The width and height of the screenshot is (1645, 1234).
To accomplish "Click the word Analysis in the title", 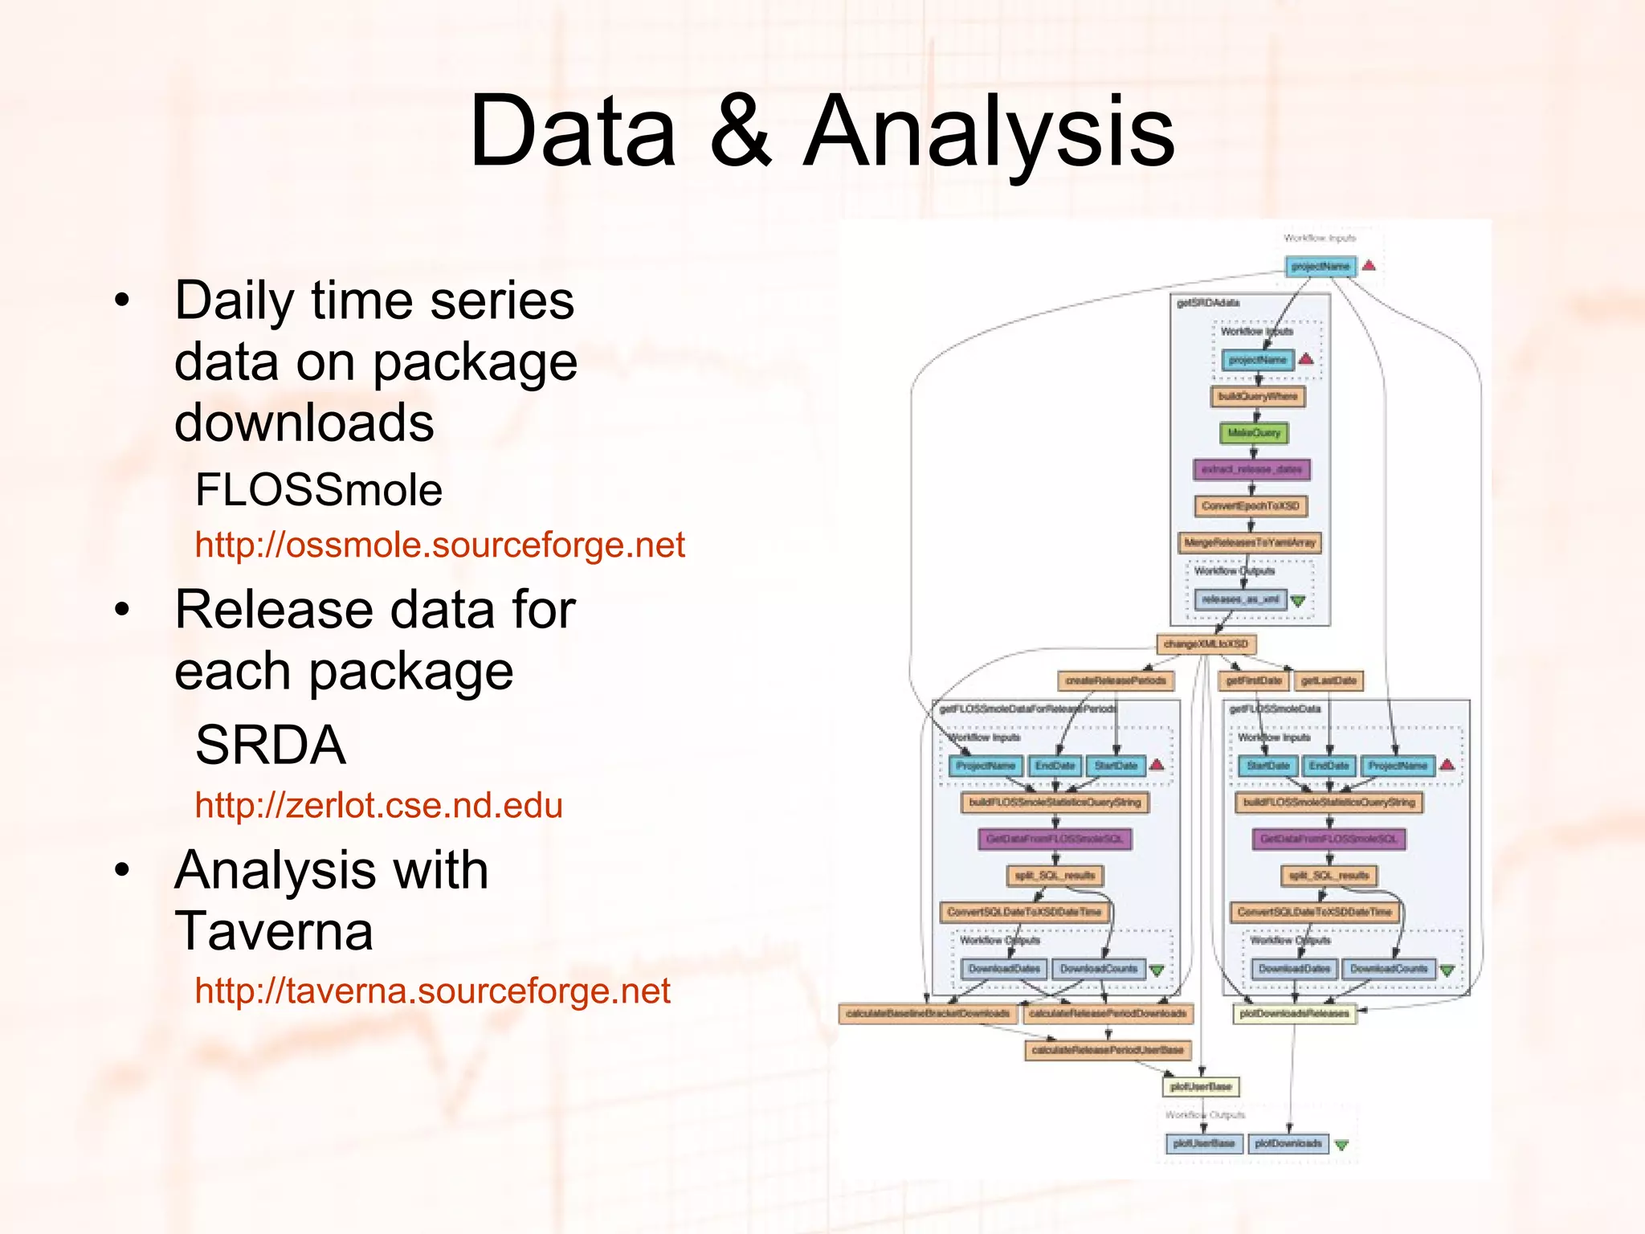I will pyautogui.click(x=990, y=133).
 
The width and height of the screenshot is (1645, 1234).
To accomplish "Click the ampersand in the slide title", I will pyautogui.click(x=740, y=133).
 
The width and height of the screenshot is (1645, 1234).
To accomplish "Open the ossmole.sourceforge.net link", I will pyautogui.click(x=439, y=545).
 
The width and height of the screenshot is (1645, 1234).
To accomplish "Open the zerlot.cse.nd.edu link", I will pyautogui.click(x=378, y=806).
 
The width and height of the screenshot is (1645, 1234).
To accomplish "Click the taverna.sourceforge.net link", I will pyautogui.click(x=432, y=991).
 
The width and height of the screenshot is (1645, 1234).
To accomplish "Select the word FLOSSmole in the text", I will pyautogui.click(x=319, y=490).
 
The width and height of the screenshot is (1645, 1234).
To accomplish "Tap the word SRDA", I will pyautogui.click(x=271, y=745).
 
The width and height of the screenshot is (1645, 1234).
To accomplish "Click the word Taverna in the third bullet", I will pyautogui.click(x=274, y=931).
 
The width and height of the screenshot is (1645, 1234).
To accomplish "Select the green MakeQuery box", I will pyautogui.click(x=1254, y=433).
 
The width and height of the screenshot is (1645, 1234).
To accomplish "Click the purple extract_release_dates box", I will pyautogui.click(x=1251, y=469).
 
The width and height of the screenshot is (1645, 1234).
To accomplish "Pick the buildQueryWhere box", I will pyautogui.click(x=1257, y=396).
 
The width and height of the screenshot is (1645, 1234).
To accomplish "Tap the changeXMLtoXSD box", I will pyautogui.click(x=1206, y=644).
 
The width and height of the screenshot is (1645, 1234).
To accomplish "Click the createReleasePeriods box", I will pyautogui.click(x=1115, y=681).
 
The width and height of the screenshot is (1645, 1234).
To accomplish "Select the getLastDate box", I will pyautogui.click(x=1329, y=681).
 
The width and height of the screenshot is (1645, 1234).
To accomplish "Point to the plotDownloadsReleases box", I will pyautogui.click(x=1294, y=1014).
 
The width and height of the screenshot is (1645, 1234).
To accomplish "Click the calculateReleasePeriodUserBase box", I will pyautogui.click(x=1107, y=1050).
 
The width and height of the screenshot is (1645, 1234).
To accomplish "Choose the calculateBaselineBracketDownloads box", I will pyautogui.click(x=928, y=1014).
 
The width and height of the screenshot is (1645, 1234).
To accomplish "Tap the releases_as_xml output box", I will pyautogui.click(x=1240, y=599).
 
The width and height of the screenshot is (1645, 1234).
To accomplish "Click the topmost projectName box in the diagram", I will pyautogui.click(x=1320, y=266).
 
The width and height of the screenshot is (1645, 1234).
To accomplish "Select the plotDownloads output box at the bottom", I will pyautogui.click(x=1288, y=1143).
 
